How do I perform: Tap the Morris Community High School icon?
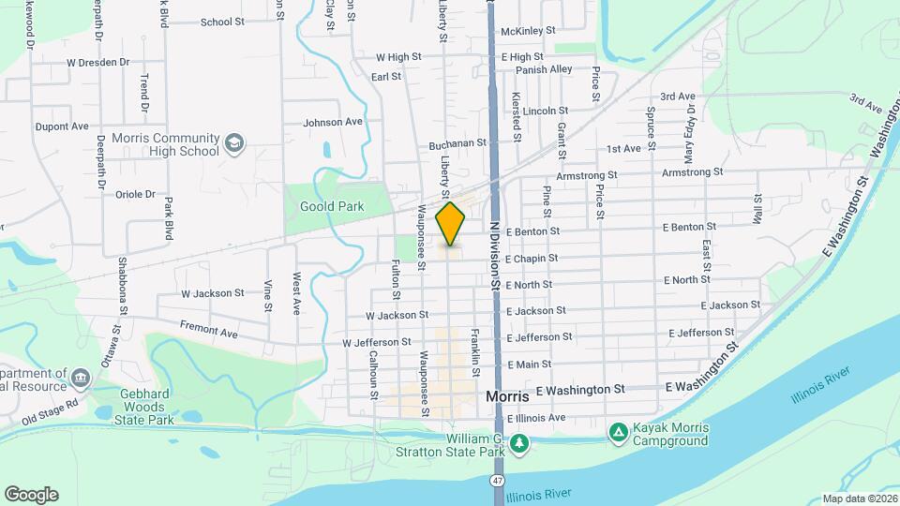[234, 143]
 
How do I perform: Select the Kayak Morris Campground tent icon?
[618, 433]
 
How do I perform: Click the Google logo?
[31, 494]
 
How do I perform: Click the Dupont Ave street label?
[61, 126]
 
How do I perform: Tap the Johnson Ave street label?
[332, 122]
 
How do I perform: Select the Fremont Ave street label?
[209, 332]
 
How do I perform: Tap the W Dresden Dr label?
[97, 62]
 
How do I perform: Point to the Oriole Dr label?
[134, 194]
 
